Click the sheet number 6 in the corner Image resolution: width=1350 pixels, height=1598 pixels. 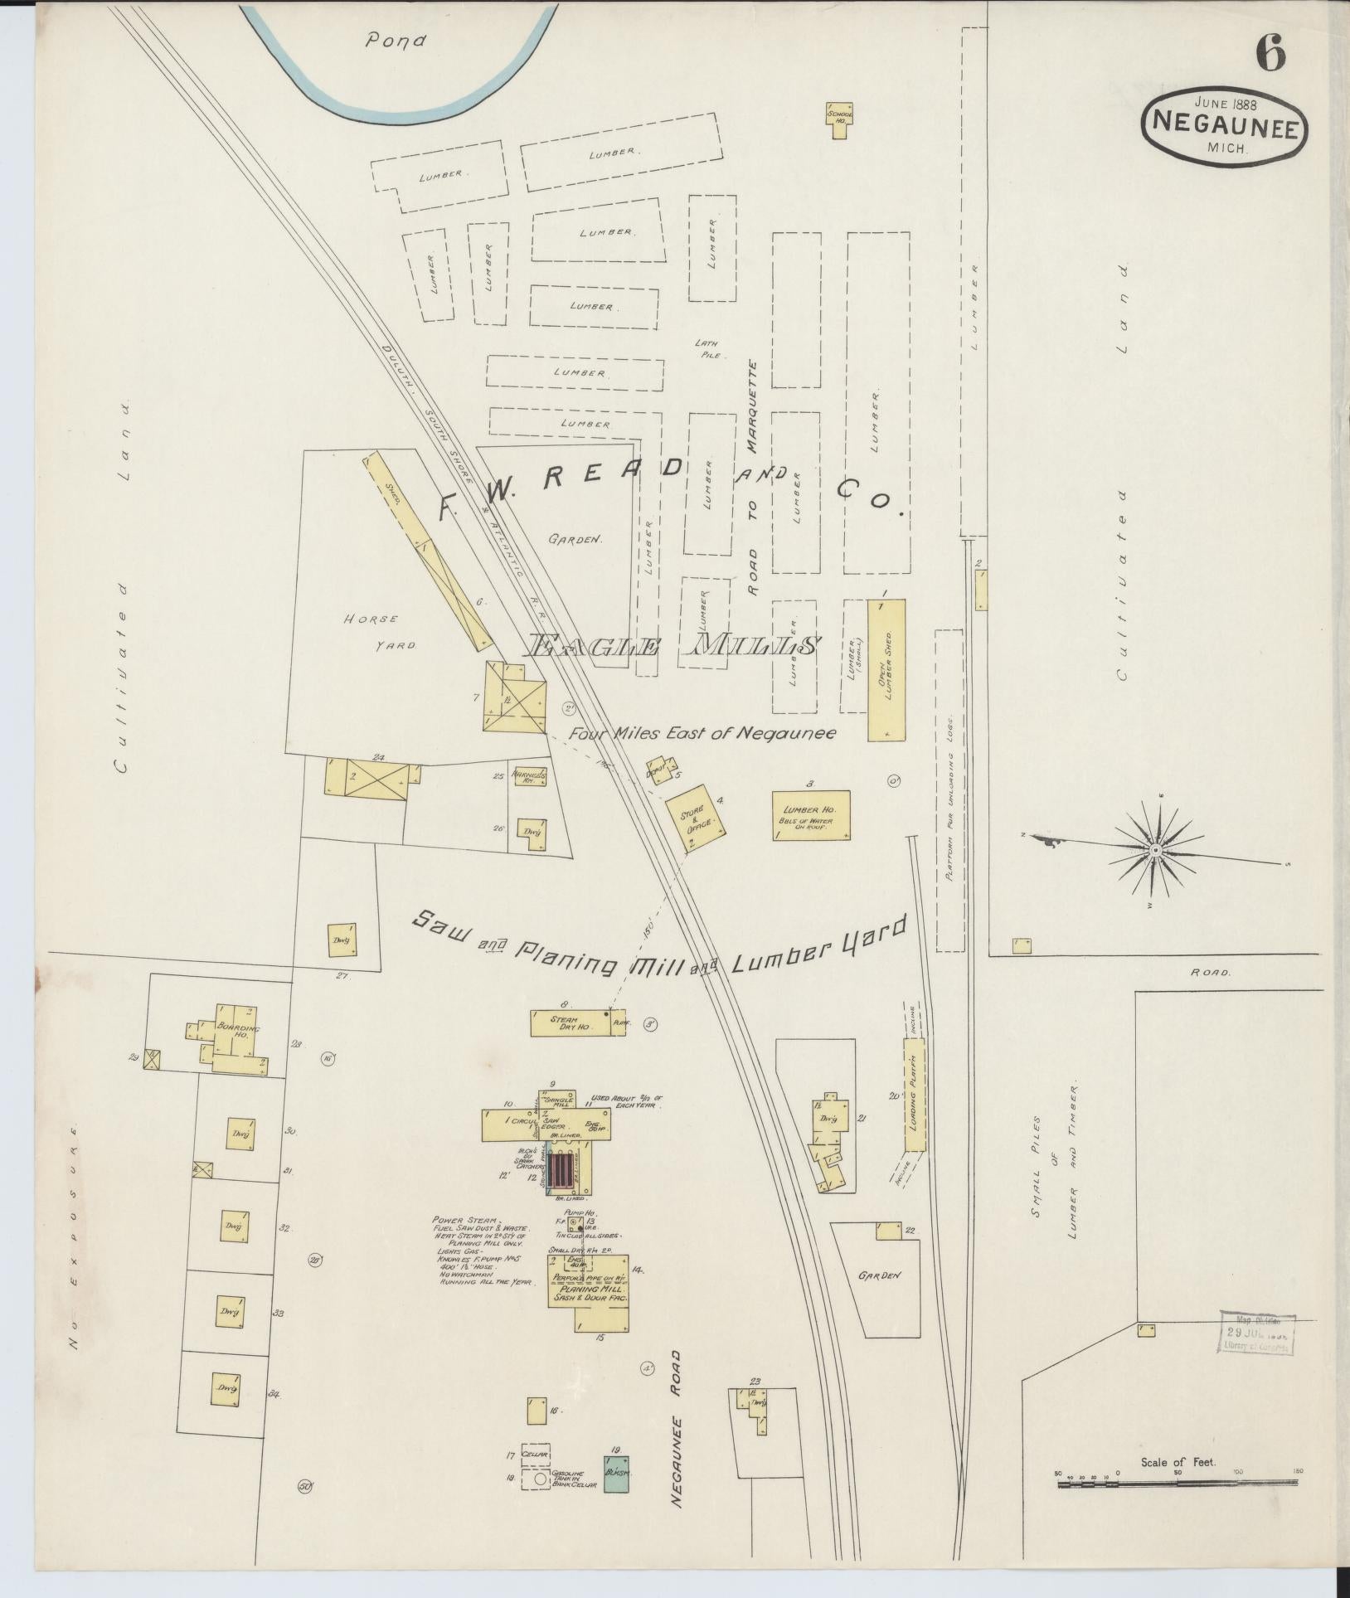[1270, 56]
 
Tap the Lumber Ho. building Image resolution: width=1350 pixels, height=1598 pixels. [811, 816]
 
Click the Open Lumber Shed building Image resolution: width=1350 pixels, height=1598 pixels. [886, 669]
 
